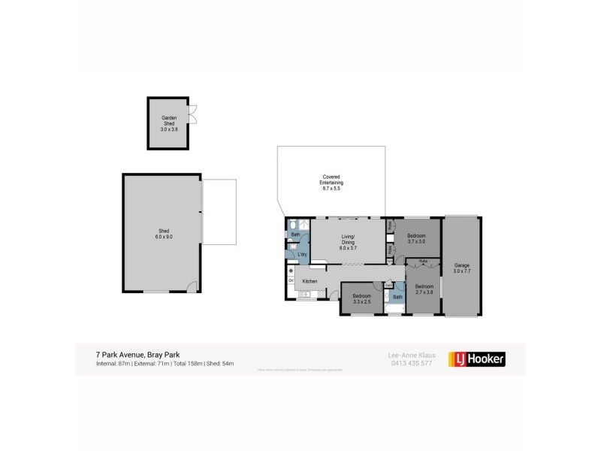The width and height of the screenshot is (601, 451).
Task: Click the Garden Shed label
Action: coord(168,123)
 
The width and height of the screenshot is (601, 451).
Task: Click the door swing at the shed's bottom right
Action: coord(192,286)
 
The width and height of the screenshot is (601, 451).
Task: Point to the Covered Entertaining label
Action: coord(331,183)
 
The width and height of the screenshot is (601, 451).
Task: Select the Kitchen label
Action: coord(310,282)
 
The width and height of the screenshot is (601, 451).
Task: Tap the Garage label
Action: coord(461,268)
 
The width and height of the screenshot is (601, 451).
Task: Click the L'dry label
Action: coord(301,255)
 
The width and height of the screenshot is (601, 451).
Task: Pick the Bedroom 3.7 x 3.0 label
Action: coord(416,238)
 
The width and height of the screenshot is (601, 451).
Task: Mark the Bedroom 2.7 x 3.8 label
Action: coord(424,289)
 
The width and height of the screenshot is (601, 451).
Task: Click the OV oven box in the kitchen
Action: coord(291,281)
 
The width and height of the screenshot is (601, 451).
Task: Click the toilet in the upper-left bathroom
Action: coord(292,225)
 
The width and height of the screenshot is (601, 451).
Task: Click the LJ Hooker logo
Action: coord(476,359)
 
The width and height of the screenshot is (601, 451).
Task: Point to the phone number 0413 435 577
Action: coord(406,364)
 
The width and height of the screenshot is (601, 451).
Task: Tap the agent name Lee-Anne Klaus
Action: coord(406,355)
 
